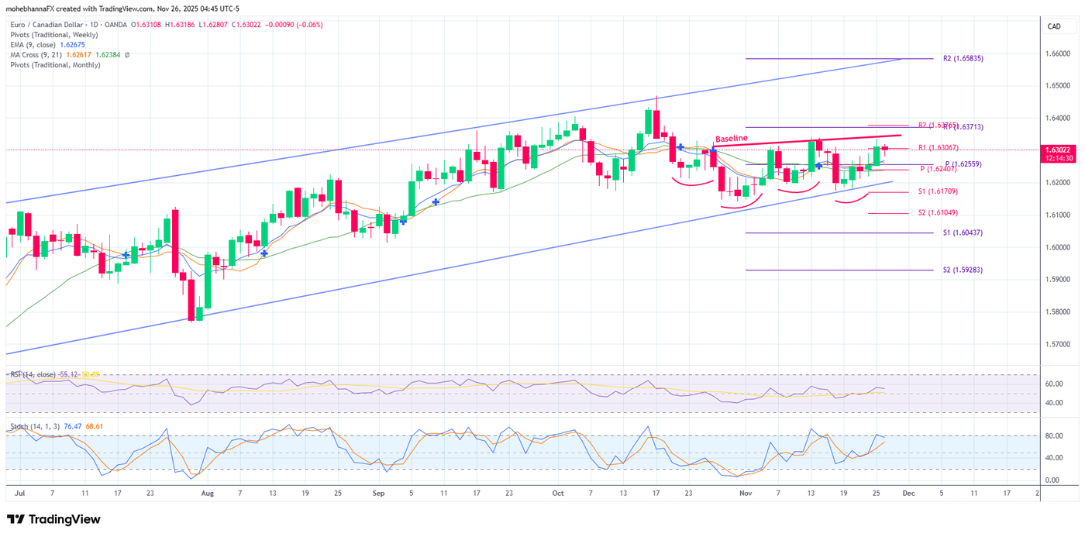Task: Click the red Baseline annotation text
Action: point(731,139)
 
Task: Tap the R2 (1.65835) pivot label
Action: point(963,58)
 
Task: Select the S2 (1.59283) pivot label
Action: point(963,270)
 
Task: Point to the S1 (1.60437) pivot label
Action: point(963,232)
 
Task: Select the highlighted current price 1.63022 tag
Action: point(1059,150)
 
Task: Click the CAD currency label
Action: point(1054,26)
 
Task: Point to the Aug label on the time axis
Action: point(207,492)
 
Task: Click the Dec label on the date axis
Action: point(908,492)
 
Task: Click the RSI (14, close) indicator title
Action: point(33,374)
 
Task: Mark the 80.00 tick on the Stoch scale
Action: point(1052,436)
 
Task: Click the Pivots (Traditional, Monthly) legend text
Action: point(55,65)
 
